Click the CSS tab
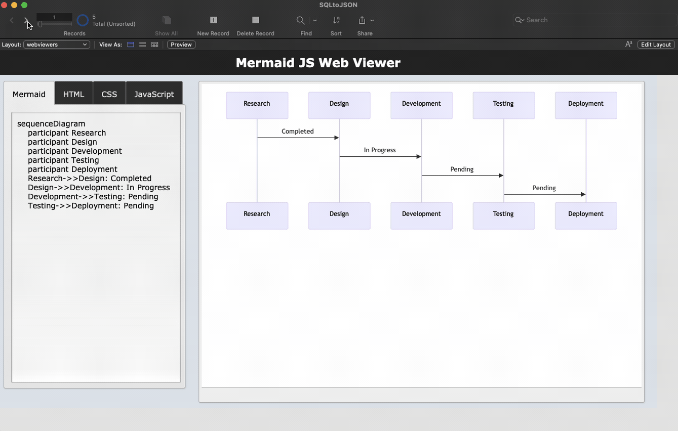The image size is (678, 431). (109, 94)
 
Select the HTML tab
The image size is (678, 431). (73, 94)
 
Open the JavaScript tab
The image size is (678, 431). (154, 94)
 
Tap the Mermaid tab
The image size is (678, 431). (29, 94)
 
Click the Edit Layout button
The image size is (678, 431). (656, 45)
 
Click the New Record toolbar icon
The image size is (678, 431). (213, 20)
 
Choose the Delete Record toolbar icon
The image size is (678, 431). (255, 20)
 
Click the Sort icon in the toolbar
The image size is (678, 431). (336, 20)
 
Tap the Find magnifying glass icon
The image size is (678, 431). (301, 20)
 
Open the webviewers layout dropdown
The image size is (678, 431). (57, 45)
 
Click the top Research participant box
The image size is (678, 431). (257, 105)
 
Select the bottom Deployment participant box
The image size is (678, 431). (586, 215)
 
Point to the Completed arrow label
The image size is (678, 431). (298, 131)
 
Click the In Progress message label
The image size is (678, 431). (380, 150)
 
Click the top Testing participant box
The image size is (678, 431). (503, 105)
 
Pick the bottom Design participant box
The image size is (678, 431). (339, 215)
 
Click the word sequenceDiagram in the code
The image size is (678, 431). (51, 123)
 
